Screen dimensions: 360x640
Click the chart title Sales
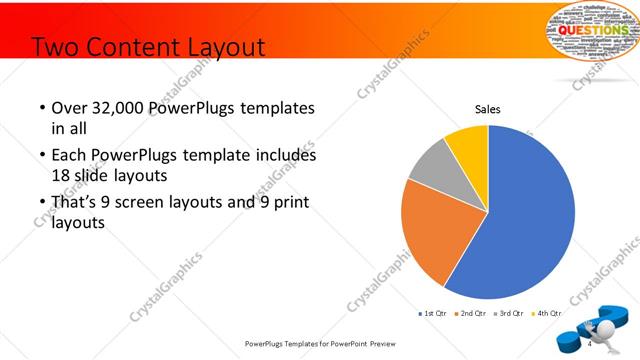487,109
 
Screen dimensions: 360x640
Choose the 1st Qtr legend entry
431,313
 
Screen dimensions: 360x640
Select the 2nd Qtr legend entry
471,313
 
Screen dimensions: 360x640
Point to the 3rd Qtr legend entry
509,313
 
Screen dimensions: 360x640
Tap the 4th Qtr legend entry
546,313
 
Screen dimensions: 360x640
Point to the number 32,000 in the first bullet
116,108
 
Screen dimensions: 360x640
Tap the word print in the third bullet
287,203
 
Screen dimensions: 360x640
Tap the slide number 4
590,344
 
